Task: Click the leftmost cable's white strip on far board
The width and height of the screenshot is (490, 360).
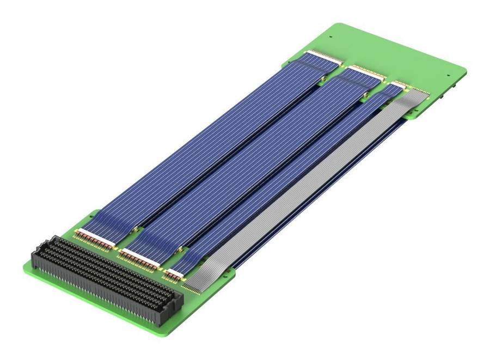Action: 324,56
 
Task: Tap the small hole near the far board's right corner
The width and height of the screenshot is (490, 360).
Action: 448,76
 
